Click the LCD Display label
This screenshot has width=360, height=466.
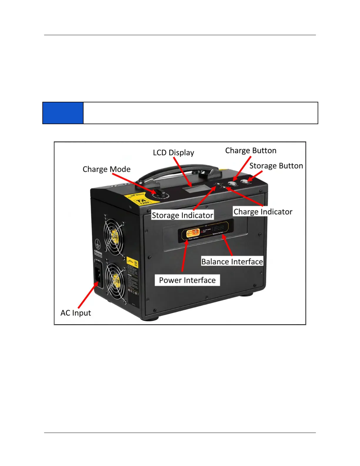click(173, 153)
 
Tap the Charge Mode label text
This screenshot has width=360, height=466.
click(106, 169)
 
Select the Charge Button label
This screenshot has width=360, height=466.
click(251, 151)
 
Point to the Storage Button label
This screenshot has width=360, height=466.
click(276, 166)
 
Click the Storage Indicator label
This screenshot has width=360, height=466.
click(182, 215)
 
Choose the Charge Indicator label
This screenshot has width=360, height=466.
click(263, 212)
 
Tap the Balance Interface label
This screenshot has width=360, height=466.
click(232, 262)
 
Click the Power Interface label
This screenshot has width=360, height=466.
click(187, 280)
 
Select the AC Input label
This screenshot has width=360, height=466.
click(76, 313)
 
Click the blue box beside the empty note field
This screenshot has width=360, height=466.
click(63, 113)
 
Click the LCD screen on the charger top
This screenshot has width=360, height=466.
click(195, 189)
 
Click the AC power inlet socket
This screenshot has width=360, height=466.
click(99, 275)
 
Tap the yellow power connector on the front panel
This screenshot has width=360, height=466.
click(193, 233)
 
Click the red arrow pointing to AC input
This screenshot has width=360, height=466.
click(88, 295)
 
